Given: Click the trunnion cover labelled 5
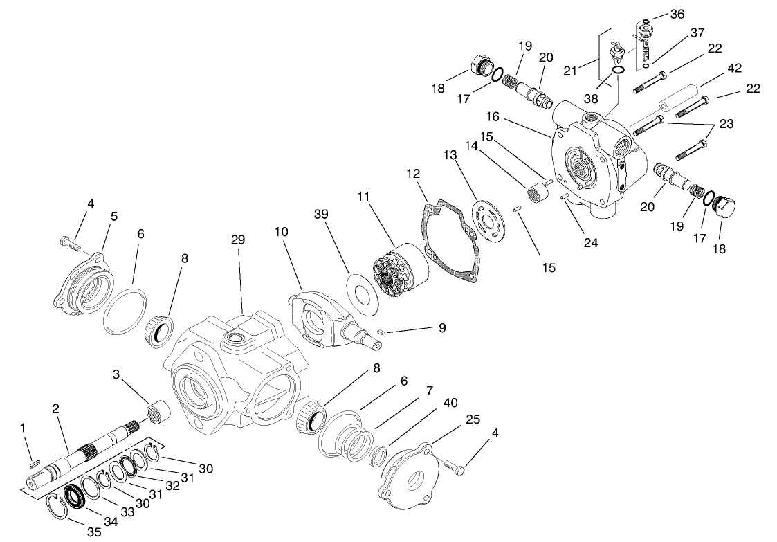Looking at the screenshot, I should (86, 284).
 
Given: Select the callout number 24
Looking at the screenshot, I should (590, 242).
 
